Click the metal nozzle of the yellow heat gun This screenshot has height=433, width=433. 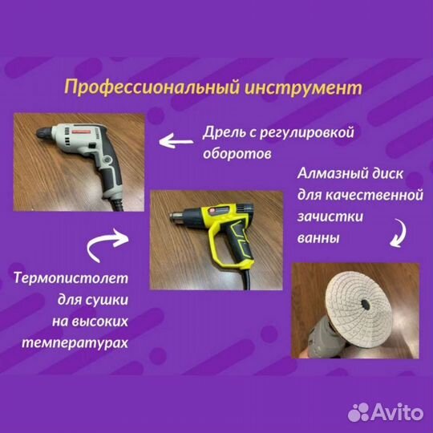[x=172, y=216]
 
